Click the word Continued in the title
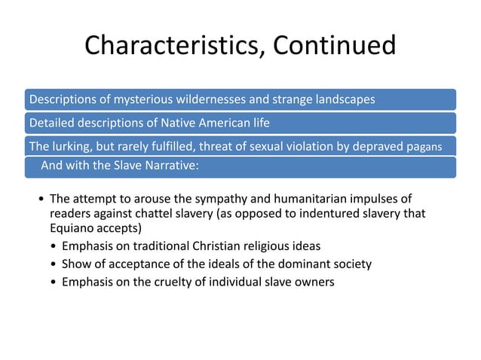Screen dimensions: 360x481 (334, 46)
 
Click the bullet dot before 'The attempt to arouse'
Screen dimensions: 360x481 (40, 200)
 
